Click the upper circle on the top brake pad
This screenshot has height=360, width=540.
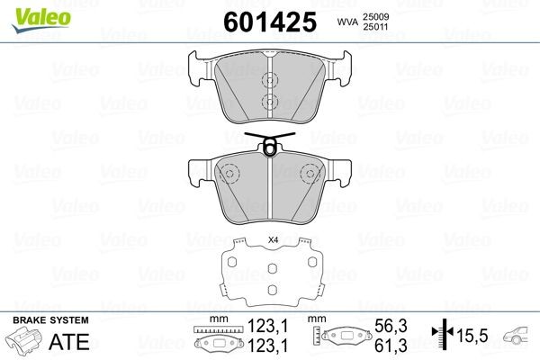[x=269, y=78]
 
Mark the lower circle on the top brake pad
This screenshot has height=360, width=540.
[x=269, y=101]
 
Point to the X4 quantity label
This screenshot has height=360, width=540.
[x=274, y=240]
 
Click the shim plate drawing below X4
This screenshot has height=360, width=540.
[x=270, y=274]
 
